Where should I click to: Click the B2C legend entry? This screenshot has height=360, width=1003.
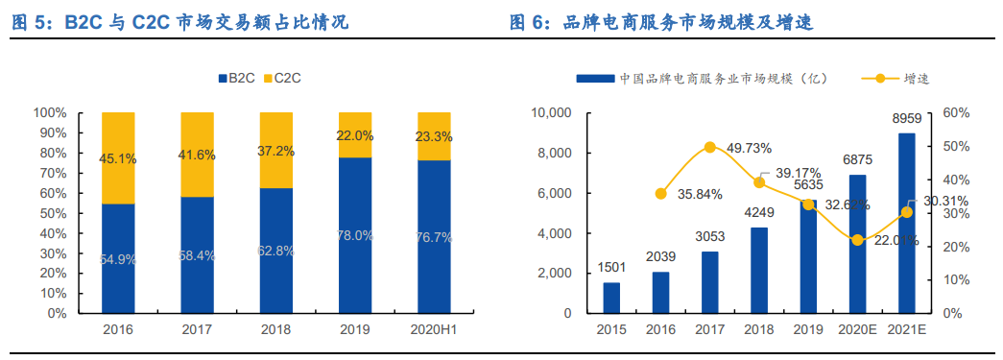pyautogui.click(x=234, y=77)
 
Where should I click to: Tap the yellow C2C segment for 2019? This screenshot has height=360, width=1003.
pyautogui.click(x=354, y=134)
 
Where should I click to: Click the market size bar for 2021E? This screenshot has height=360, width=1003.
pyautogui.click(x=906, y=223)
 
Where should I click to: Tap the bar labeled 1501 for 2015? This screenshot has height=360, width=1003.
pyautogui.click(x=611, y=298)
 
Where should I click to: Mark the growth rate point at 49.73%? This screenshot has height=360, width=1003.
pyautogui.click(x=710, y=147)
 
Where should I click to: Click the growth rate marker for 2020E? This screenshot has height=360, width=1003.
pyautogui.click(x=857, y=240)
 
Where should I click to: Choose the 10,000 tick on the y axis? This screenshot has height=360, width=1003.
pyautogui.click(x=550, y=113)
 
